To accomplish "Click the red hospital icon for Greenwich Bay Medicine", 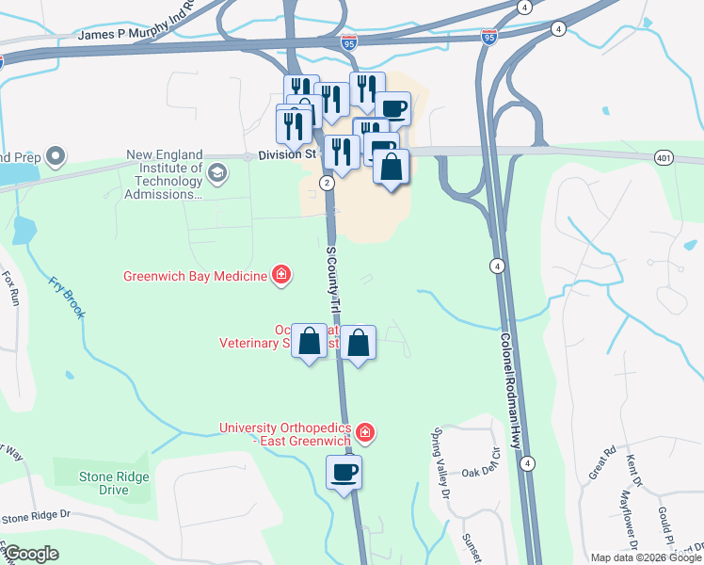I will click(280, 276).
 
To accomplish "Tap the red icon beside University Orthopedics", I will click(365, 434).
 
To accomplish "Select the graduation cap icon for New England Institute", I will click(217, 172).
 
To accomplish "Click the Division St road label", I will click(284, 156).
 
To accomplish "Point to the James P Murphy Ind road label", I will click(134, 33).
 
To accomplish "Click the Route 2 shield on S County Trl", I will click(326, 182).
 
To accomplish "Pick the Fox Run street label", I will click(10, 288).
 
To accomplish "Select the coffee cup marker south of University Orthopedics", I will click(344, 472).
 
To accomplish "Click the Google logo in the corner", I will click(31, 554).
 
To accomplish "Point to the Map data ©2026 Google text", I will click(645, 557).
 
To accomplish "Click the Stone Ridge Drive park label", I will click(115, 483).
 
